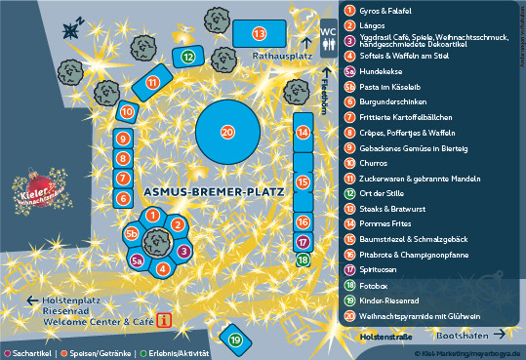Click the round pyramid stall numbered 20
coord(227,132)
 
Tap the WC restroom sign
coord(330,30)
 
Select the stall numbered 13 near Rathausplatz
coord(259,34)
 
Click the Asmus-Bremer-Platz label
coord(212,192)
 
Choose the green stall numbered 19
coord(236,340)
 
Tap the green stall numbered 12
coord(186,58)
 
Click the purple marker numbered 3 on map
coord(183,251)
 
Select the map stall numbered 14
coord(303,132)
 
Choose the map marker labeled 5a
coord(138,260)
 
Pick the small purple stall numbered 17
coord(303,242)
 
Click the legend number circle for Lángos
coord(349,25)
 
